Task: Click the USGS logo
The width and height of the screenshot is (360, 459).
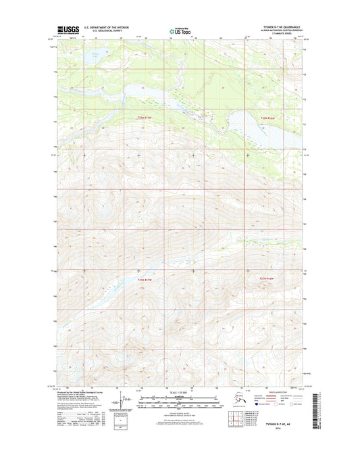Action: (x=68, y=30)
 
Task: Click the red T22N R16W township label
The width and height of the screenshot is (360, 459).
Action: (x=268, y=118)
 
